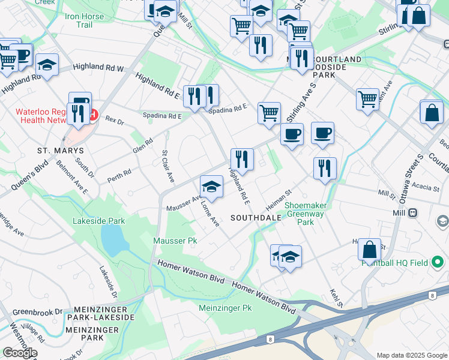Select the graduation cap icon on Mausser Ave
pos(211,187)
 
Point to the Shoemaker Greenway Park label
pos(306,214)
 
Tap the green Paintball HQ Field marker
pos(438,262)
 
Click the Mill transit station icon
pos(413,212)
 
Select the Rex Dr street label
pos(114,121)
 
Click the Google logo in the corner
pos(20,353)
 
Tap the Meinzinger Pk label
pos(224,308)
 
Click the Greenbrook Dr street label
pos(38,312)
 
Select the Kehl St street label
pos(336,298)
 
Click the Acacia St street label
pos(426,187)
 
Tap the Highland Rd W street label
pos(98,68)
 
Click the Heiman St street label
pos(279,196)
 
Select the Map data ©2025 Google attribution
pos(411,355)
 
